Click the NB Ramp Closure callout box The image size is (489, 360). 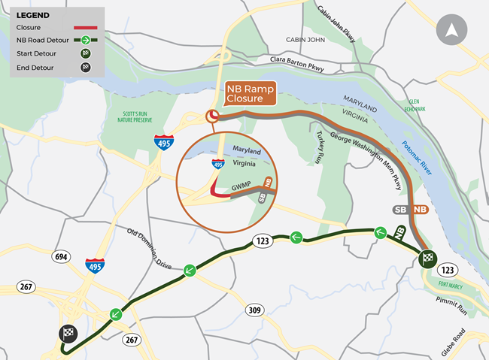tap(251, 92)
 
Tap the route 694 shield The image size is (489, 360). tap(62, 257)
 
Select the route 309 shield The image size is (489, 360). tap(253, 310)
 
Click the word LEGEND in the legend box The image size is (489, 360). tap(33, 15)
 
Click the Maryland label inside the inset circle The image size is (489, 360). tap(246, 150)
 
